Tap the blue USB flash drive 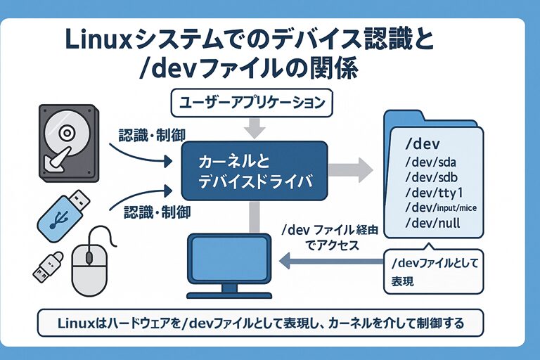click(62, 210)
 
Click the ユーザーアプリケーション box click(251, 103)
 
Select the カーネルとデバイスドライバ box click(254, 171)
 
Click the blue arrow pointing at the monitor click(330, 262)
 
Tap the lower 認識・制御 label click(157, 210)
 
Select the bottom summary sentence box click(260, 323)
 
